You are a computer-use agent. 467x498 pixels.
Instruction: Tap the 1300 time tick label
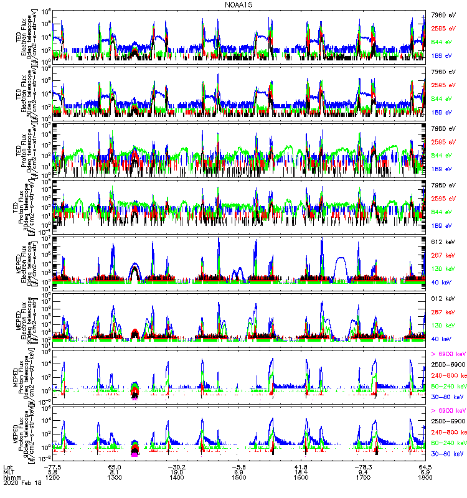(x=115, y=478)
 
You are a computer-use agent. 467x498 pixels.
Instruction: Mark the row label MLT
(x=8, y=472)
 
